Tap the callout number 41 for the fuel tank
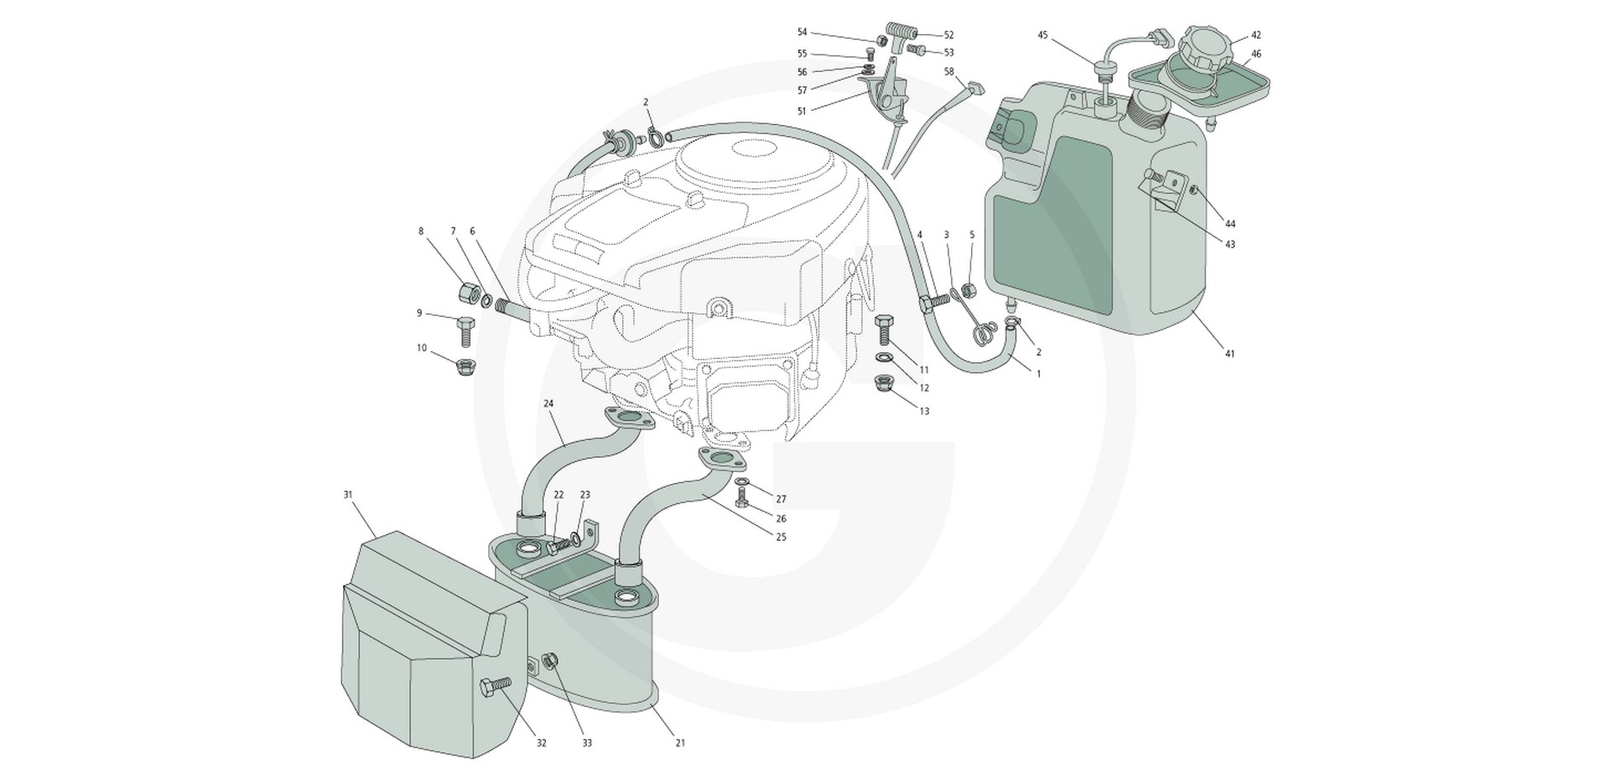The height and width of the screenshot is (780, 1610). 1230,354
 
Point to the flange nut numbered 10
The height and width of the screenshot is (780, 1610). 464,367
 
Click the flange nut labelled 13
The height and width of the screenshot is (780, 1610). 884,383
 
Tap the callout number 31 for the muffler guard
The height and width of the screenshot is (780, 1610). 348,495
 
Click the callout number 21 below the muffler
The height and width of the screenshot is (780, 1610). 680,743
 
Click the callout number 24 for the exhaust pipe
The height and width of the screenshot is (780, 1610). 548,403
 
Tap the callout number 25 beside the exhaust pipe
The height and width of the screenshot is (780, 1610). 782,536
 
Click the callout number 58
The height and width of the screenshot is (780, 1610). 949,71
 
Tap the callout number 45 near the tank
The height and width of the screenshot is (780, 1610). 1043,35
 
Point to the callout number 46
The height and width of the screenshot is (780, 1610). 1256,54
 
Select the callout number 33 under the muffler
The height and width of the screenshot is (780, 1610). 587,743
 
